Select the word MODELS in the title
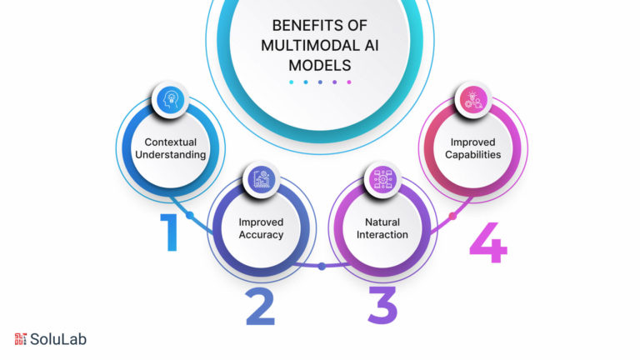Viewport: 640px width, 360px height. coord(320,65)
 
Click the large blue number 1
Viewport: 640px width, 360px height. coord(169,232)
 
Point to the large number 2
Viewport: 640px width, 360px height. coord(260,306)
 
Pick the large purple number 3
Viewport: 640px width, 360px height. coord(382,305)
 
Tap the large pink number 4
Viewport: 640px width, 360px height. coord(488,242)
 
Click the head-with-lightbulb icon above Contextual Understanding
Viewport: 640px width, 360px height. coord(170,100)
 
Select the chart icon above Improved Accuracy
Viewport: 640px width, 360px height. coord(261,179)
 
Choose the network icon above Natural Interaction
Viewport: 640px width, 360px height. coord(382,179)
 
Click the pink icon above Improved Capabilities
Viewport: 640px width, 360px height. coord(473,100)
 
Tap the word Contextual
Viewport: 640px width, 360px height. coord(170,142)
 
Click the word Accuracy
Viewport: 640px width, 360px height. coord(261,235)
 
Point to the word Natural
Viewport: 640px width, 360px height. coord(382,222)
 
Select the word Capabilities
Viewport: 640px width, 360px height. coord(473,155)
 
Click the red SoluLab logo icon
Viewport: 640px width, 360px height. coord(20,339)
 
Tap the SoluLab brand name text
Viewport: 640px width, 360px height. coord(58,339)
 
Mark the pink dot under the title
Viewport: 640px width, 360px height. coord(349,82)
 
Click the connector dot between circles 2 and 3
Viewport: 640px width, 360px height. coord(322,267)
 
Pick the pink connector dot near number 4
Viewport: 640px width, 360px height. coord(452,216)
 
